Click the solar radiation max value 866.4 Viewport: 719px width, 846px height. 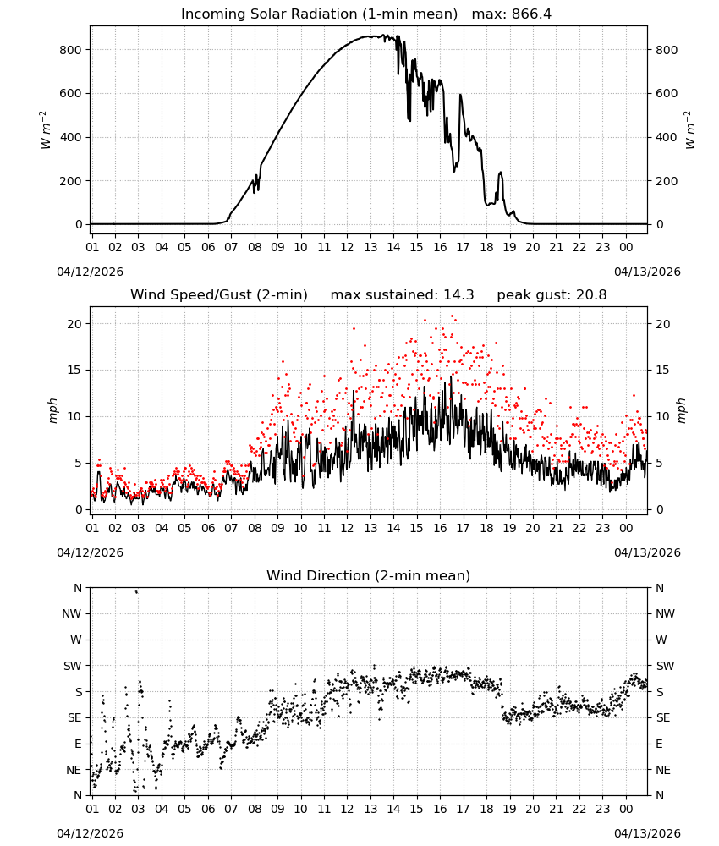531,14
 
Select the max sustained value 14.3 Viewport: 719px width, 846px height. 458,295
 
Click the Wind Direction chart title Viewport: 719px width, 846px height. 369,575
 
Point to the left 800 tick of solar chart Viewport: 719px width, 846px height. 71,50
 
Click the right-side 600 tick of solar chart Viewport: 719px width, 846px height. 667,93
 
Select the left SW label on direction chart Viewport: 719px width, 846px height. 72,666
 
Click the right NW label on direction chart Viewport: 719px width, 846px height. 665,613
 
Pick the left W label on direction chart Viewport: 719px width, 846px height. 76,640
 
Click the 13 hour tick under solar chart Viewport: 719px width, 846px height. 370,247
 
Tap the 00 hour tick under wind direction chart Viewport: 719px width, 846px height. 626,809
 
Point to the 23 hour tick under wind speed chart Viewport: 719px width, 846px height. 602,528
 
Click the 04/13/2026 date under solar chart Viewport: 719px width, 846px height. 647,272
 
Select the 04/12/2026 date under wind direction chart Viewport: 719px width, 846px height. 90,833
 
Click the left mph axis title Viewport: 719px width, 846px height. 52,410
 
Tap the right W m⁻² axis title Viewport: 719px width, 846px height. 690,130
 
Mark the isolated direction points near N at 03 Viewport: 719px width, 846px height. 136,591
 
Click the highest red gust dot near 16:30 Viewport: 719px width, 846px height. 452,316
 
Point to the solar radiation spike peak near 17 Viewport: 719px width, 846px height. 460,95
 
